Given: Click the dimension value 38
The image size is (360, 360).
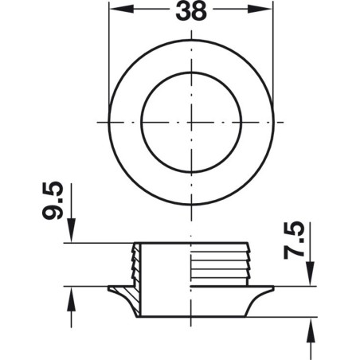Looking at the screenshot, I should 191,13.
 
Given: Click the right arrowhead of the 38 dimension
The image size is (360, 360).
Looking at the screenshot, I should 268,13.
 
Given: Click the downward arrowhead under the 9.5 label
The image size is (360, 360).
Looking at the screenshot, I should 72,237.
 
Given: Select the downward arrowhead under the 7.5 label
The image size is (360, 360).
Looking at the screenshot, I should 309,279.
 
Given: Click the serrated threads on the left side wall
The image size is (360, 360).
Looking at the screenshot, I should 135,263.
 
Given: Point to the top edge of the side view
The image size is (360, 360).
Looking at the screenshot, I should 191,243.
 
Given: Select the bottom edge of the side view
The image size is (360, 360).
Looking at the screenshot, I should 191,315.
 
